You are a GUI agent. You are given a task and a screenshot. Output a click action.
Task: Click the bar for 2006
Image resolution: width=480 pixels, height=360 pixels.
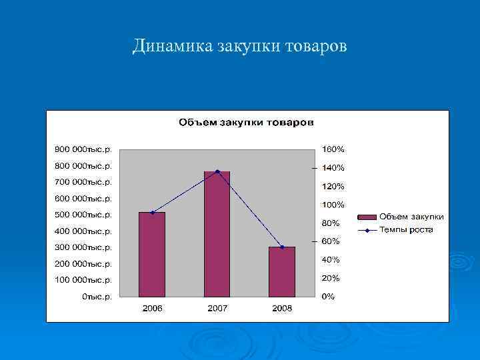(x=152, y=254)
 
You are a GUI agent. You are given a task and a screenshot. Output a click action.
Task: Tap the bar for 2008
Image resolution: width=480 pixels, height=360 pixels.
(x=282, y=271)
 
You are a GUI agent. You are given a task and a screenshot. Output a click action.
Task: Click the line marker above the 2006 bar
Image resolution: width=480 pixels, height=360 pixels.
(x=152, y=213)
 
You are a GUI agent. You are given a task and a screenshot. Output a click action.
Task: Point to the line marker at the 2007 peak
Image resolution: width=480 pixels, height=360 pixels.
(x=217, y=171)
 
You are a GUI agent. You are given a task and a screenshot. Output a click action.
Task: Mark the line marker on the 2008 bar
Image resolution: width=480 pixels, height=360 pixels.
(x=282, y=247)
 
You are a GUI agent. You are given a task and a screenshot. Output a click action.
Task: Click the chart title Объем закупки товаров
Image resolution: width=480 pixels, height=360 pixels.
(x=246, y=123)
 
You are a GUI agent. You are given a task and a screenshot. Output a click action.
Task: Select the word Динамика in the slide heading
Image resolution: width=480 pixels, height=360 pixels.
(x=172, y=46)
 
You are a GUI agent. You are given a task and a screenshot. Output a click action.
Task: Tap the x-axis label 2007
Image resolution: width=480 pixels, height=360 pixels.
(x=217, y=309)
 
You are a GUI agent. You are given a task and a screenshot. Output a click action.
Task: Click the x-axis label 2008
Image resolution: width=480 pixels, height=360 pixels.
(x=282, y=309)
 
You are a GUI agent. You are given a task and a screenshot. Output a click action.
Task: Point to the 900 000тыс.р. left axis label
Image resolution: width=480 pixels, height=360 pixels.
(x=83, y=149)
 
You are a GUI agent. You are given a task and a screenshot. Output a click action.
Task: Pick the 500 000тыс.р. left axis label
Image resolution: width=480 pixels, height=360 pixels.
(x=83, y=215)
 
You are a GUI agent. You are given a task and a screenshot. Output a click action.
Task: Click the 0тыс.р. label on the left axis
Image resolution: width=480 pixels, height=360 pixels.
(x=97, y=297)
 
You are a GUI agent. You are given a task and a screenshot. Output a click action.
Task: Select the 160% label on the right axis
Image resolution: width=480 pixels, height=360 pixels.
(x=333, y=149)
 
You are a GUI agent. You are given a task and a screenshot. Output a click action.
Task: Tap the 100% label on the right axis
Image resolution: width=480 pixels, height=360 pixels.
(x=333, y=204)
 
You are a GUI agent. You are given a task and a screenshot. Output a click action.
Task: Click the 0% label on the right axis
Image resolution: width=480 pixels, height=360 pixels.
(x=329, y=297)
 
